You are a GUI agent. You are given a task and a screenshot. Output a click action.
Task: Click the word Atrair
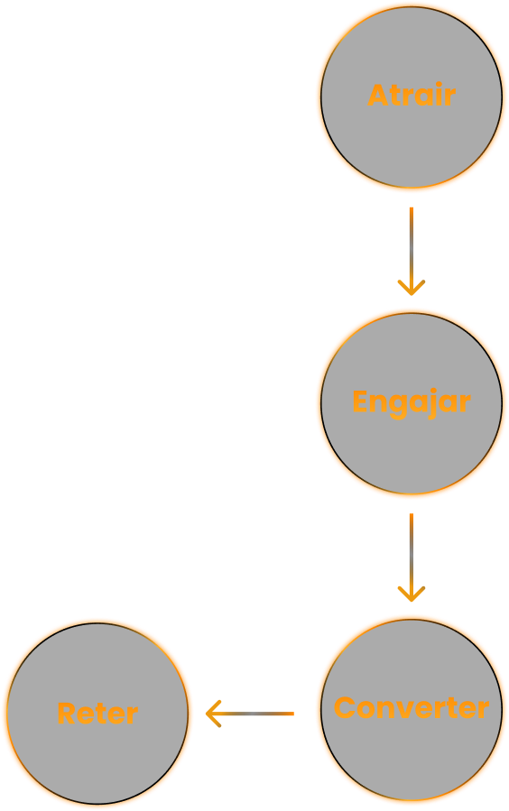pyautogui.click(x=412, y=95)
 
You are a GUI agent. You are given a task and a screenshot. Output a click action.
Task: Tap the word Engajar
pyautogui.click(x=412, y=402)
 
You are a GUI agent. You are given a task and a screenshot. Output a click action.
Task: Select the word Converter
pyautogui.click(x=412, y=707)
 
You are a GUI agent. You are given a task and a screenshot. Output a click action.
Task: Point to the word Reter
pyautogui.click(x=97, y=714)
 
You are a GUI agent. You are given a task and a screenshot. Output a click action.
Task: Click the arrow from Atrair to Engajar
pyautogui.click(x=412, y=252)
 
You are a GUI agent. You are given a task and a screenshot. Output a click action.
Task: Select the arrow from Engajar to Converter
pyautogui.click(x=412, y=558)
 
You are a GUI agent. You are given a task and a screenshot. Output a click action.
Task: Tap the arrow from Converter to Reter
pyautogui.click(x=250, y=714)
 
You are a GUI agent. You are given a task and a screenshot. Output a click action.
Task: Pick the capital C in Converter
pyautogui.click(x=345, y=707)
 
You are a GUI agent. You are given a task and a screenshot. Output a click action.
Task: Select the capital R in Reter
pyautogui.click(x=68, y=714)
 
